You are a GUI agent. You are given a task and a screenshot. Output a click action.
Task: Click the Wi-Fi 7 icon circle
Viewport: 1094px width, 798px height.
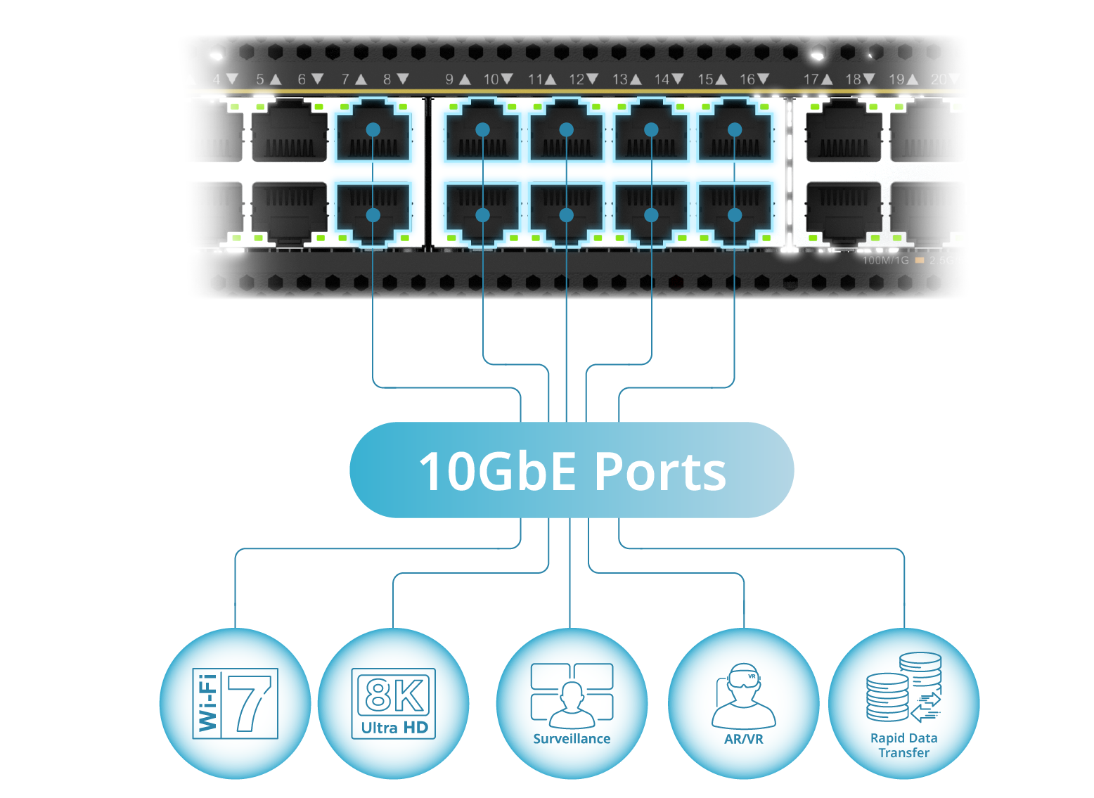pos(235,703)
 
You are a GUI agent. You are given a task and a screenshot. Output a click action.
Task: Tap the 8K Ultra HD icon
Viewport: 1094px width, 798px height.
pos(394,703)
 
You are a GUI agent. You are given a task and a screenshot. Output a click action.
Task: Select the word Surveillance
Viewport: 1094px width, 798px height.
pos(572,739)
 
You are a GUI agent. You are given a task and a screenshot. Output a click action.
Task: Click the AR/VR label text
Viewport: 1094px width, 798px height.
pos(744,740)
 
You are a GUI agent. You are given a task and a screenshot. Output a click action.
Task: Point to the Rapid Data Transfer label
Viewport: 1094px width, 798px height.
pos(904,745)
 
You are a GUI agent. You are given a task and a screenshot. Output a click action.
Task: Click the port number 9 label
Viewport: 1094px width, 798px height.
pos(450,79)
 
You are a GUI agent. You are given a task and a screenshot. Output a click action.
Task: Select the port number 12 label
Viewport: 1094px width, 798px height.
pos(577,79)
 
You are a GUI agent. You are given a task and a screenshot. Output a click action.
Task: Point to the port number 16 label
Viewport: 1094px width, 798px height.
pos(747,79)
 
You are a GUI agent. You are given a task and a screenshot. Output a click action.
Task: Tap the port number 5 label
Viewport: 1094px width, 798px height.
pos(260,79)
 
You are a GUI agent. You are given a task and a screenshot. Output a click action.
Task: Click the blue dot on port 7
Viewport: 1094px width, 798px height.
pos(373,130)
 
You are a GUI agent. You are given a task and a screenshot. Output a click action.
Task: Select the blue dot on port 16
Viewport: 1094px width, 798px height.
pos(735,215)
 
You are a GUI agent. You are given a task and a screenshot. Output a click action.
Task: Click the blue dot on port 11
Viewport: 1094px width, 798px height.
pos(566,130)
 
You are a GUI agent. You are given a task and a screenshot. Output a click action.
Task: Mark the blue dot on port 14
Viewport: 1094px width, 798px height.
pos(651,215)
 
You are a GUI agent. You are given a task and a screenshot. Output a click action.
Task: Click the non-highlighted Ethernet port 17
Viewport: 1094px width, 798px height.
pos(844,132)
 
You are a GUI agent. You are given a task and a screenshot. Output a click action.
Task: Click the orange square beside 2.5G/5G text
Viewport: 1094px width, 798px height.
pos(920,261)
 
